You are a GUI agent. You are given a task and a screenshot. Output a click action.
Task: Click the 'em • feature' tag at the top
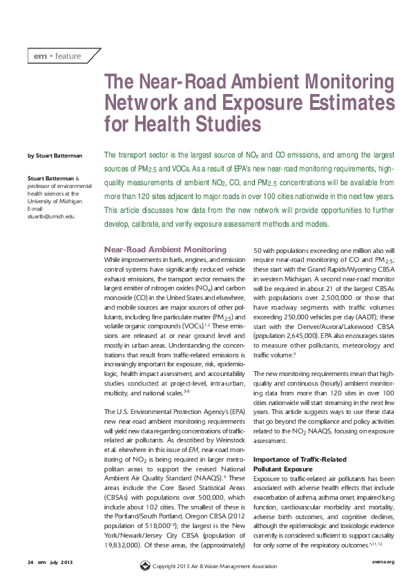pos(57,56)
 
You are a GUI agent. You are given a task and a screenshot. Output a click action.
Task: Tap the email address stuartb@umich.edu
pos(50,216)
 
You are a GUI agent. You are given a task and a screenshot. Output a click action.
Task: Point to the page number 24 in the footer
pos(30,561)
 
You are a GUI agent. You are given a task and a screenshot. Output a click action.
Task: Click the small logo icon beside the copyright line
pos(144,566)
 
